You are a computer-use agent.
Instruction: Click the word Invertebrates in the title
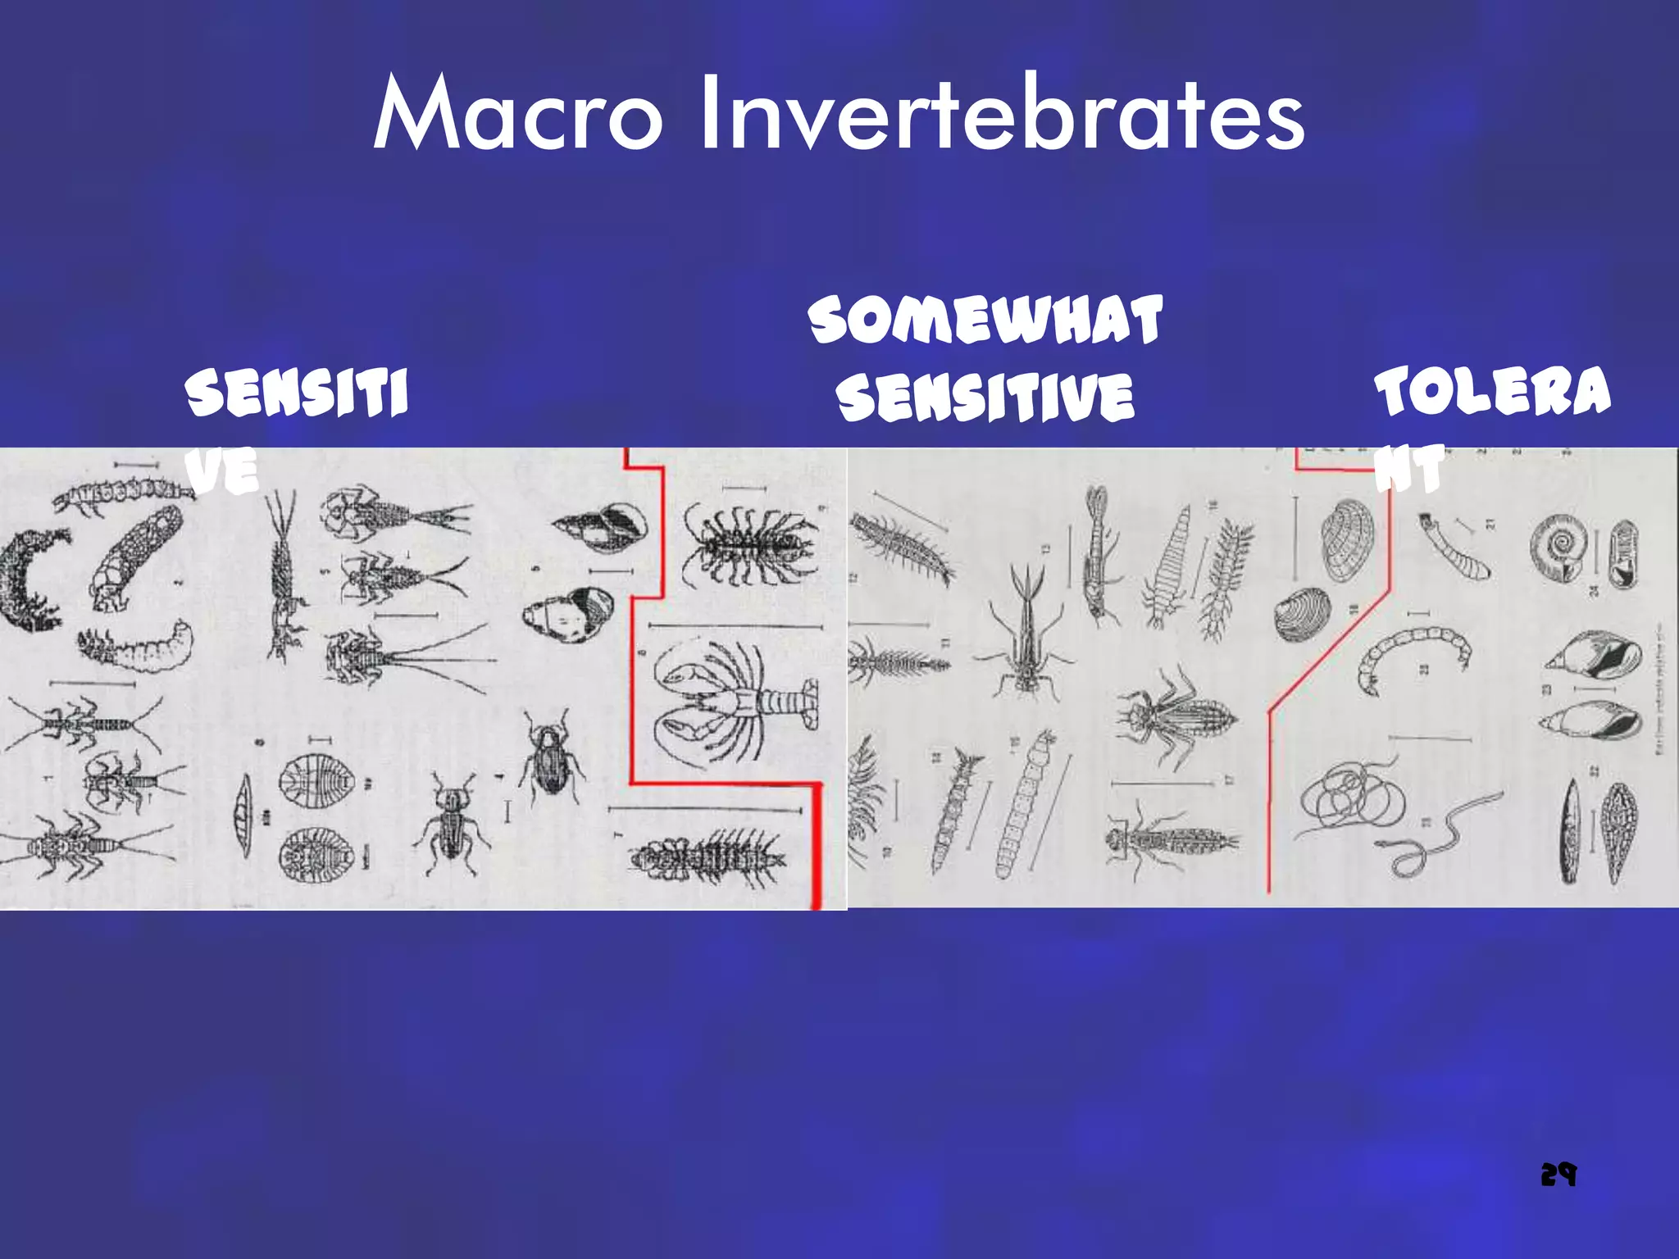[x=1001, y=115]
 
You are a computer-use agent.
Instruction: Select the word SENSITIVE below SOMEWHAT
[x=985, y=397]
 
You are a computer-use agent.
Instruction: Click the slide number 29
[x=1558, y=1175]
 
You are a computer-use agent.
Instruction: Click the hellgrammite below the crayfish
[x=709, y=857]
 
